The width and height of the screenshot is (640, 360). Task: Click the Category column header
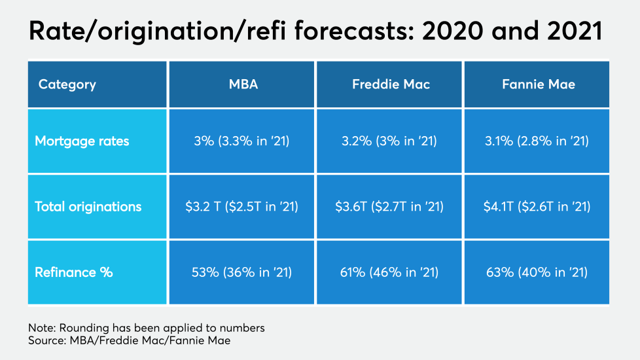tap(67, 84)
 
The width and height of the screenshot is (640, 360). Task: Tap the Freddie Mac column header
tap(391, 84)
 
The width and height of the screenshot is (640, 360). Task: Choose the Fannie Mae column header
tap(538, 84)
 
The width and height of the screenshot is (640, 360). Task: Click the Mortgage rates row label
tap(82, 141)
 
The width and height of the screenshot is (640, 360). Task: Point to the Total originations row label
tap(88, 207)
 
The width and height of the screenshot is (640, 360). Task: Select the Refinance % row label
tap(74, 272)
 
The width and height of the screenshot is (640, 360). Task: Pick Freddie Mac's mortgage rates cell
tap(391, 141)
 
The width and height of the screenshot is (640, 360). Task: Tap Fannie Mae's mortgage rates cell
tap(538, 141)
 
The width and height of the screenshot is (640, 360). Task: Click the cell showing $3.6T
tap(391, 207)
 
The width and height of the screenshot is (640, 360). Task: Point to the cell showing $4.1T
tap(538, 207)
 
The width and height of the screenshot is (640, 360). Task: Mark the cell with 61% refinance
tap(391, 272)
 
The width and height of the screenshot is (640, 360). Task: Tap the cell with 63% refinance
tap(538, 272)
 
